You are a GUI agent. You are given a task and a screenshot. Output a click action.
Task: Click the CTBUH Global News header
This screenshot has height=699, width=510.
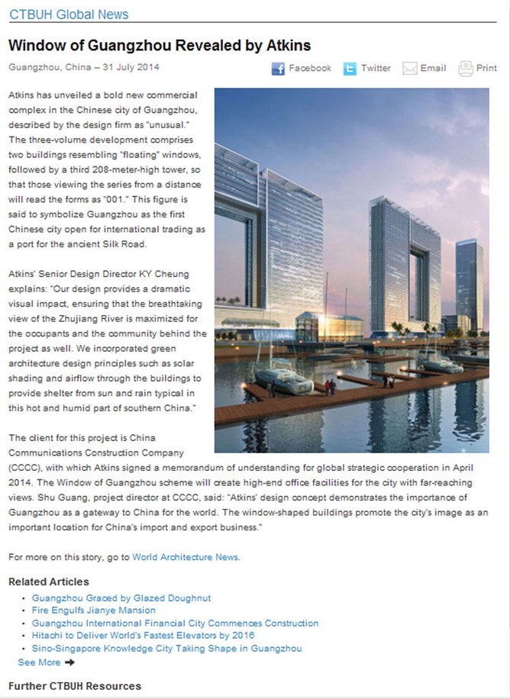(69, 14)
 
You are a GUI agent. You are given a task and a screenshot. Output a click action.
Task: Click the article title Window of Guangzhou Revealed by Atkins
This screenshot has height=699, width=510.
(160, 45)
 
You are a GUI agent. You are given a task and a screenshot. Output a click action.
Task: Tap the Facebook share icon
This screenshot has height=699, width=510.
(279, 69)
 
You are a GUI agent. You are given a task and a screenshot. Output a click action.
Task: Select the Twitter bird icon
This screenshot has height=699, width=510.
(350, 69)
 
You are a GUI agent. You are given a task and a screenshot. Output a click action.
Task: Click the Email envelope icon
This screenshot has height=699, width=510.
(410, 69)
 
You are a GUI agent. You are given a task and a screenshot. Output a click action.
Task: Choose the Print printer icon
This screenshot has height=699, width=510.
(466, 69)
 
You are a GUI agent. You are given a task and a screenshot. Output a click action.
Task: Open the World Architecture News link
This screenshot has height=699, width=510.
(186, 557)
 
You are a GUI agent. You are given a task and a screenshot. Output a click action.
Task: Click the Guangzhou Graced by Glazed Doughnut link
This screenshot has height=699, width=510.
(121, 598)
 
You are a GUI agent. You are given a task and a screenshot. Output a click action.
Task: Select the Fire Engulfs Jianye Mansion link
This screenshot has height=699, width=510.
(94, 610)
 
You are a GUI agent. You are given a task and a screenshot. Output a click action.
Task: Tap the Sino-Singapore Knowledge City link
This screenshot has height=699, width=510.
(167, 649)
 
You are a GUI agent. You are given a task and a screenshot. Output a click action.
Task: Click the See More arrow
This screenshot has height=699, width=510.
(70, 662)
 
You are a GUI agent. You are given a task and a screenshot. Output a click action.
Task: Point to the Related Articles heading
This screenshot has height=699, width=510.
(49, 582)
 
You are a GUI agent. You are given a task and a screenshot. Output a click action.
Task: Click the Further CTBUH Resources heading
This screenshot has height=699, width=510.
(75, 686)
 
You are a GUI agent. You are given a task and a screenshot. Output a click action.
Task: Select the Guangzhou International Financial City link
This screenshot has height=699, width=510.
(176, 623)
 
